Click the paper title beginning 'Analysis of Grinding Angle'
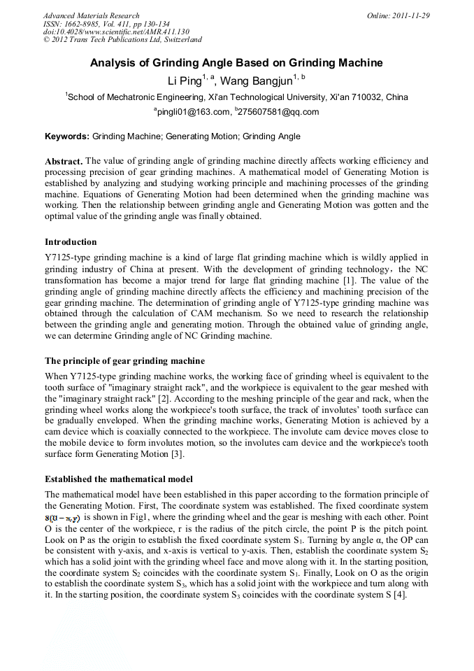pyautogui.click(x=236, y=63)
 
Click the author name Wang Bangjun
pyautogui.click(x=257, y=80)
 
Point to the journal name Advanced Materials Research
pyautogui.click(x=91, y=15)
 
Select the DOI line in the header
pyautogui.click(x=116, y=32)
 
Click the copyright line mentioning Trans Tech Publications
pyautogui.click(x=122, y=40)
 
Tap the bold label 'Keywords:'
pyautogui.click(x=67, y=136)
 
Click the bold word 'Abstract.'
pyautogui.click(x=64, y=161)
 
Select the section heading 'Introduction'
pyautogui.click(x=71, y=242)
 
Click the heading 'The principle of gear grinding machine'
pyautogui.click(x=124, y=361)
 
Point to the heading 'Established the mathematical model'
pyautogui.click(x=118, y=480)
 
